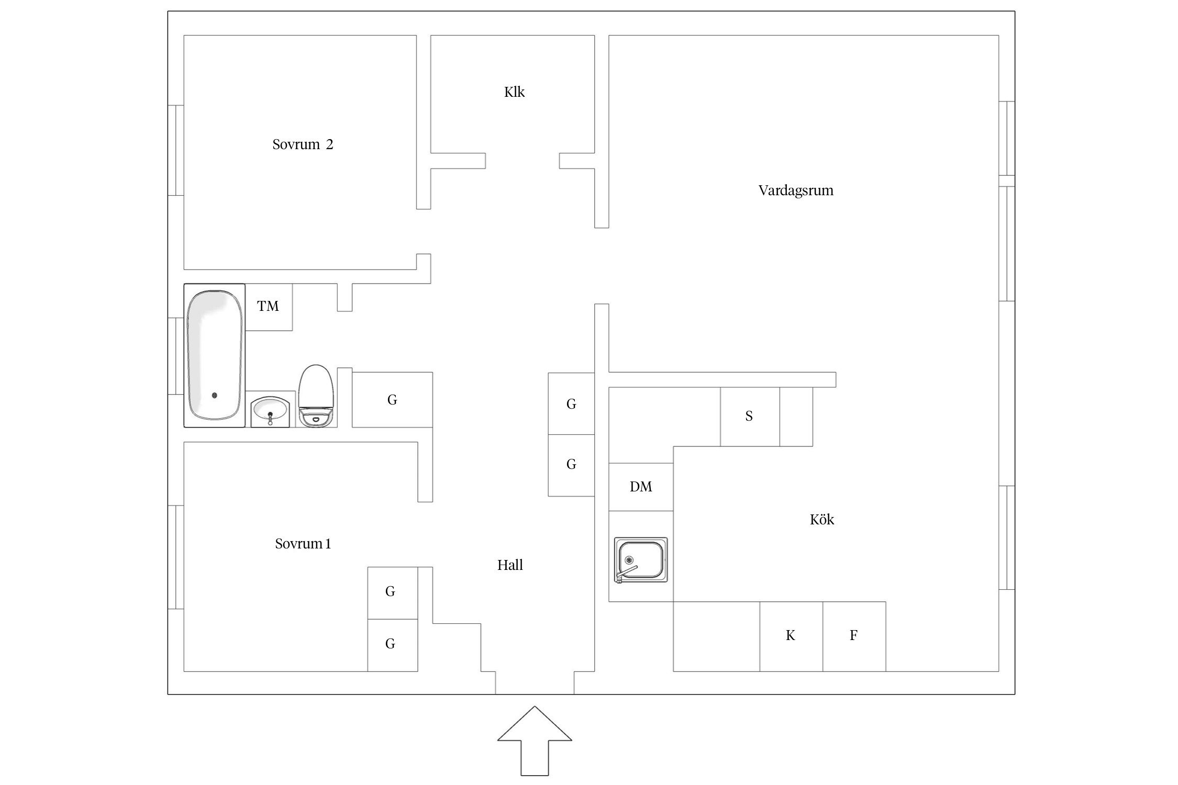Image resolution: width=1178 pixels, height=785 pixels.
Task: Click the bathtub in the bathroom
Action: [x=215, y=355]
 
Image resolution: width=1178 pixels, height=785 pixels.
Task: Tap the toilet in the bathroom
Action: [x=316, y=396]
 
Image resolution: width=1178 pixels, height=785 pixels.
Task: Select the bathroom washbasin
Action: [x=270, y=410]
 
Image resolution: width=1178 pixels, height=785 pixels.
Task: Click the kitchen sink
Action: [x=641, y=560]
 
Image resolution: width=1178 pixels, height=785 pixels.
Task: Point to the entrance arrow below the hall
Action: [x=535, y=741]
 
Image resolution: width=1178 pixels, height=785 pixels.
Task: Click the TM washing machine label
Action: [x=268, y=306]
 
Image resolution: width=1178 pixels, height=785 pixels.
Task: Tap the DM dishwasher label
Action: [x=641, y=487]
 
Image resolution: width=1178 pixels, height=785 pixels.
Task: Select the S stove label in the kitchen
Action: [x=749, y=416]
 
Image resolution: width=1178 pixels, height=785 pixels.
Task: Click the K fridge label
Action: [x=791, y=635]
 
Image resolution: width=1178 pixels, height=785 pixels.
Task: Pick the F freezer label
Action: [x=853, y=635]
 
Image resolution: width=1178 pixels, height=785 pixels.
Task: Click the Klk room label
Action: [x=514, y=92]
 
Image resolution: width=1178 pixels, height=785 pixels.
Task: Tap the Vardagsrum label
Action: [x=796, y=190]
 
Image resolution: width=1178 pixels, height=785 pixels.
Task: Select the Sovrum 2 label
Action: [x=303, y=144]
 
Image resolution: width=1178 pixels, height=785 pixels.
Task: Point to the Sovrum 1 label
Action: [x=303, y=544]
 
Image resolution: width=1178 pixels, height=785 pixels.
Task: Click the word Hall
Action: [x=510, y=565]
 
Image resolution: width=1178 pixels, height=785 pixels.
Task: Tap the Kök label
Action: [x=822, y=519]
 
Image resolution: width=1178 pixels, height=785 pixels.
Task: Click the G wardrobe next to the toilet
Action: [x=392, y=400]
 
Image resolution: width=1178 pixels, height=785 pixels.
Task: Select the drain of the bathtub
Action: [x=214, y=396]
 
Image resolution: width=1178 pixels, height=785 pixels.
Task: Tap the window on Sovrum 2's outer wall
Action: [x=176, y=150]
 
